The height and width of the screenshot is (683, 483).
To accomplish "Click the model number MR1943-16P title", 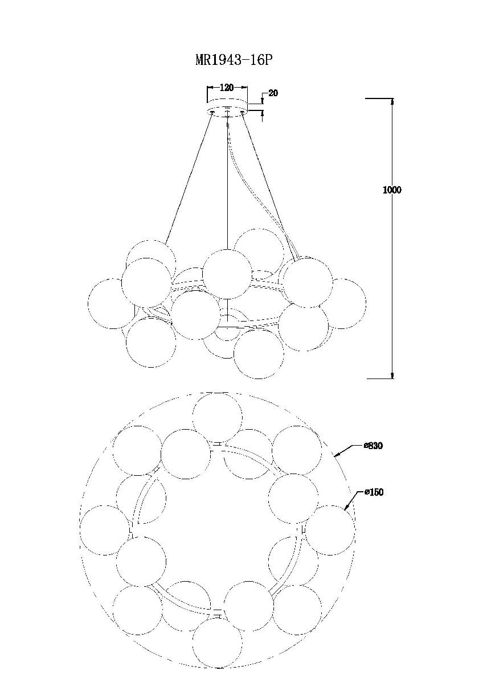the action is [x=234, y=60].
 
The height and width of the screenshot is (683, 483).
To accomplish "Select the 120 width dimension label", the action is [x=226, y=88].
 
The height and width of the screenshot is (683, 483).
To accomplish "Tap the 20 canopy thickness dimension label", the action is [x=273, y=93].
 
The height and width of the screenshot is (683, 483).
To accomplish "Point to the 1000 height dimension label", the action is [x=392, y=190].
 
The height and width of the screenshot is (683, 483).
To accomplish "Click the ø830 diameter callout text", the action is [x=373, y=446].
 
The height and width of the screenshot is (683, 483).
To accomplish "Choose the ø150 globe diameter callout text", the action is [x=374, y=492].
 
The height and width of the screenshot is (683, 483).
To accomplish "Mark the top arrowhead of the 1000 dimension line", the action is [x=392, y=101].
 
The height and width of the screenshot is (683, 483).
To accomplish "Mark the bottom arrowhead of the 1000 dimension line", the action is [x=392, y=376].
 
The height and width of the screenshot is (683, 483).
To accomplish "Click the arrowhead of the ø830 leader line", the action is [x=337, y=455].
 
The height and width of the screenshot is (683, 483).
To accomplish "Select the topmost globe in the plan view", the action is [x=218, y=417].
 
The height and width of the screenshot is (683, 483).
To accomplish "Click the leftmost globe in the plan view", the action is [x=105, y=530].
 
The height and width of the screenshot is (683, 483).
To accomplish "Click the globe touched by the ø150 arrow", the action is [x=330, y=530].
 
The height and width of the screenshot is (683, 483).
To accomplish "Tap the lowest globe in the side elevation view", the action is [x=259, y=354].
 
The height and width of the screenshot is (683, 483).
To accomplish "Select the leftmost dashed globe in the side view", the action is [x=113, y=304].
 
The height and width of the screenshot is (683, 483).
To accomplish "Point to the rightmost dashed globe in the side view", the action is [x=341, y=304].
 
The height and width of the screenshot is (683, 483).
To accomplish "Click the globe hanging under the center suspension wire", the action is [x=227, y=274].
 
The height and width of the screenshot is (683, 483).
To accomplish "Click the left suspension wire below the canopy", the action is [x=189, y=178].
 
